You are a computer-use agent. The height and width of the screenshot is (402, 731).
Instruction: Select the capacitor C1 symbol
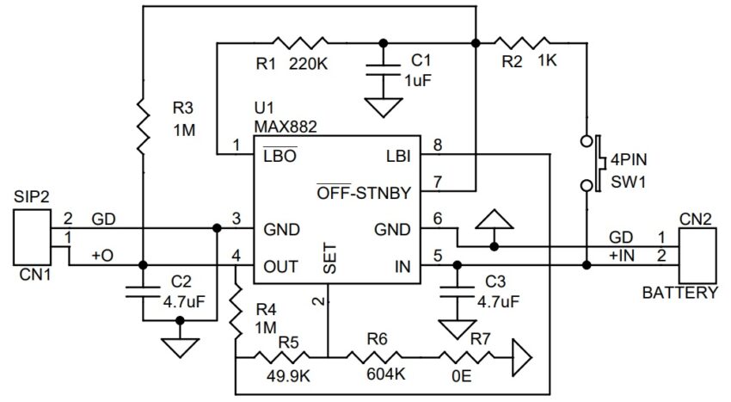tap(380, 72)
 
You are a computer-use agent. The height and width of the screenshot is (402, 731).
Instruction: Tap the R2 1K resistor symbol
tap(524, 41)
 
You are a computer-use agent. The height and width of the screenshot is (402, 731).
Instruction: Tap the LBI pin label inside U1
tap(396, 157)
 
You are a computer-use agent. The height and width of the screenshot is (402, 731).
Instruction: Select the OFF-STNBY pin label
tap(364, 193)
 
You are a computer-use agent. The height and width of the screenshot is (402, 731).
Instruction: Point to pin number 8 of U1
tap(437, 145)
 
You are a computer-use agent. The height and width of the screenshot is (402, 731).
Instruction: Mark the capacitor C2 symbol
tap(144, 291)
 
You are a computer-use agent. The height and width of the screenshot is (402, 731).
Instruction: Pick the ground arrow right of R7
tap(519, 355)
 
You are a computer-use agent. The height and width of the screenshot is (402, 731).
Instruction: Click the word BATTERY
tap(679, 293)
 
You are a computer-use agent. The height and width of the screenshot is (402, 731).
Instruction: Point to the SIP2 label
tap(31, 197)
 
